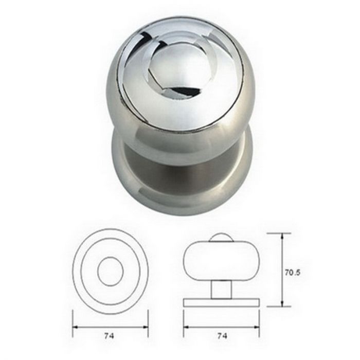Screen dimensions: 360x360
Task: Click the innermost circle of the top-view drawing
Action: (110, 271)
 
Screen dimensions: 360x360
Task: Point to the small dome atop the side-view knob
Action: (222, 237)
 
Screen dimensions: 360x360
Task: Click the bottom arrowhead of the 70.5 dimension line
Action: (282, 302)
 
